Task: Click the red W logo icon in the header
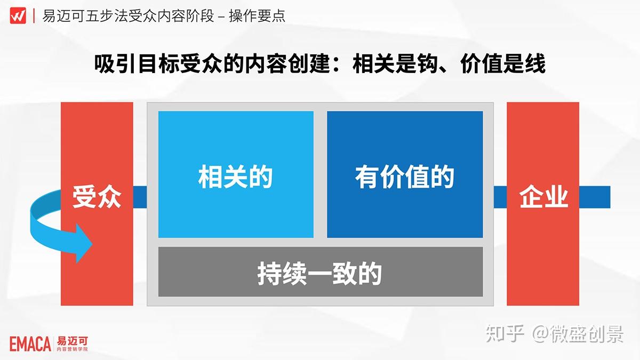click(x=18, y=15)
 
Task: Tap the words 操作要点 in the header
click(x=257, y=16)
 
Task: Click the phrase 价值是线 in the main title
click(x=503, y=63)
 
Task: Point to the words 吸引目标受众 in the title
click(x=158, y=63)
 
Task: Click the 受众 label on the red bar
click(x=97, y=197)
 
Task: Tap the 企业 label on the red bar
click(x=543, y=197)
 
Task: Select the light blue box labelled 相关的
click(x=236, y=174)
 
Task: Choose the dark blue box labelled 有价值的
click(x=405, y=174)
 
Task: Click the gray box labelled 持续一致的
click(x=321, y=271)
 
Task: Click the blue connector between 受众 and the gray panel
click(x=140, y=197)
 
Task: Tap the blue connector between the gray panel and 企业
click(x=500, y=197)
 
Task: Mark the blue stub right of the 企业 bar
click(x=595, y=197)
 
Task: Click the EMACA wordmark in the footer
click(x=30, y=344)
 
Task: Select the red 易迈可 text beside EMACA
click(x=73, y=341)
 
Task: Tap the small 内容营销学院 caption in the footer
click(x=73, y=349)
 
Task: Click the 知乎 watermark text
click(x=505, y=333)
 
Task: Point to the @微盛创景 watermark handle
click(x=578, y=333)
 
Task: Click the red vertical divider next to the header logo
click(x=34, y=15)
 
